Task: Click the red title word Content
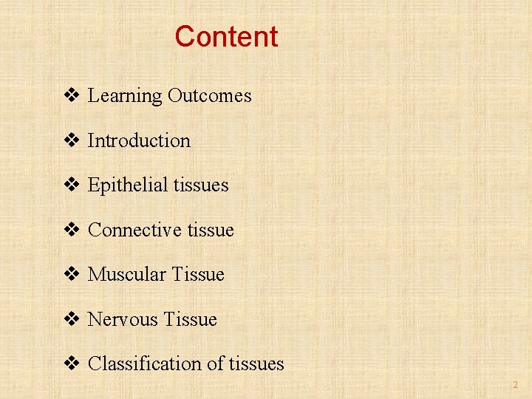(226, 36)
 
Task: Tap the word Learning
(124, 96)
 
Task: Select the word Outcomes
(209, 96)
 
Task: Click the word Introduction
(139, 140)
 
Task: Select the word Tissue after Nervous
(190, 319)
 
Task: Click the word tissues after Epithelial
(201, 185)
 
